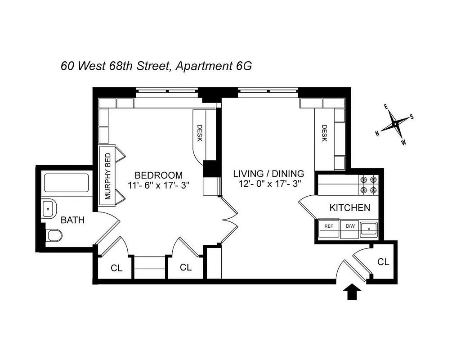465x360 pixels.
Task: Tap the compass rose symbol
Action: pyautogui.click(x=394, y=124)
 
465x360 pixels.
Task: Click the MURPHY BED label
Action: pyautogui.click(x=108, y=176)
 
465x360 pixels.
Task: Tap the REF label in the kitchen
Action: pyautogui.click(x=329, y=226)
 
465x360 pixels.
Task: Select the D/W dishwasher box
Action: pyautogui.click(x=350, y=226)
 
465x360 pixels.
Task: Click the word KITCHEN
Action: pyautogui.click(x=350, y=208)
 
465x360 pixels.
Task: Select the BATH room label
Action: pyautogui.click(x=72, y=220)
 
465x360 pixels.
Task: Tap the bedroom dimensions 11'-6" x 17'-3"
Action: pyautogui.click(x=159, y=185)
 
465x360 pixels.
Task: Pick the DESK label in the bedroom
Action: pyautogui.click(x=200, y=132)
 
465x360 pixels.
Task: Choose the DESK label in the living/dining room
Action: pyautogui.click(x=324, y=133)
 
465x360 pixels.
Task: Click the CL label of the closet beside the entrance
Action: pyautogui.click(x=383, y=261)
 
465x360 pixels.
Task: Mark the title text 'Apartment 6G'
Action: pyautogui.click(x=214, y=66)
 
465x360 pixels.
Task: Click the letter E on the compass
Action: pyautogui.click(x=385, y=107)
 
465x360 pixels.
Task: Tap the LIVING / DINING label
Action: pyautogui.click(x=268, y=173)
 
